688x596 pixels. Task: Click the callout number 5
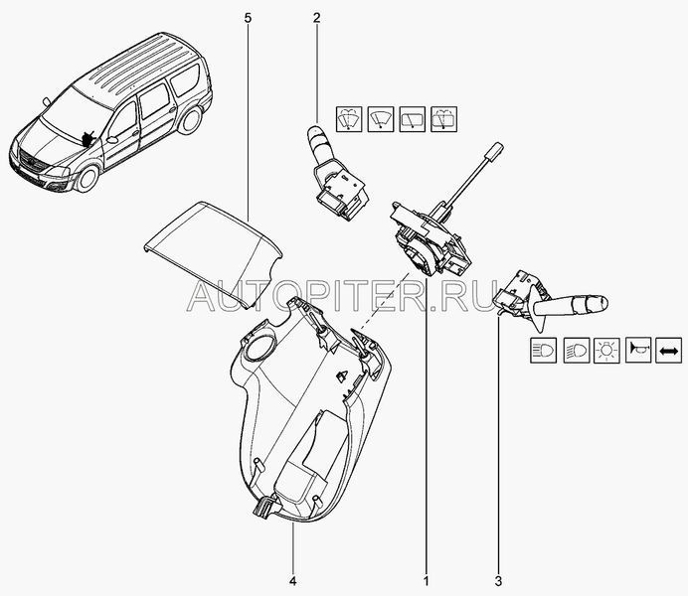(248, 18)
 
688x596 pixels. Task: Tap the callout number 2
(317, 18)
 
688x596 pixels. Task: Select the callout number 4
(292, 581)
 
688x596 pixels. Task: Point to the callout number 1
(426, 581)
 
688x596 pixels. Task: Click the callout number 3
(498, 581)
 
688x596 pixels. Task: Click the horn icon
(638, 350)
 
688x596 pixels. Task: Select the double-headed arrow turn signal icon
(668, 350)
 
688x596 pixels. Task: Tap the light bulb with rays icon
(606, 350)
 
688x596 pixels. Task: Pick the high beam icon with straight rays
(543, 350)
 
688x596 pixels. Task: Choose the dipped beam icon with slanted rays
(576, 350)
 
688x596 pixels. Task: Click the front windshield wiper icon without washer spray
(381, 119)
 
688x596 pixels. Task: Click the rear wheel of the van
(191, 119)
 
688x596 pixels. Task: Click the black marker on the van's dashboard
(88, 138)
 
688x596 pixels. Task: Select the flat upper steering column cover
(213, 256)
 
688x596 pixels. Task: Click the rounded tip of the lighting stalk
(602, 302)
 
